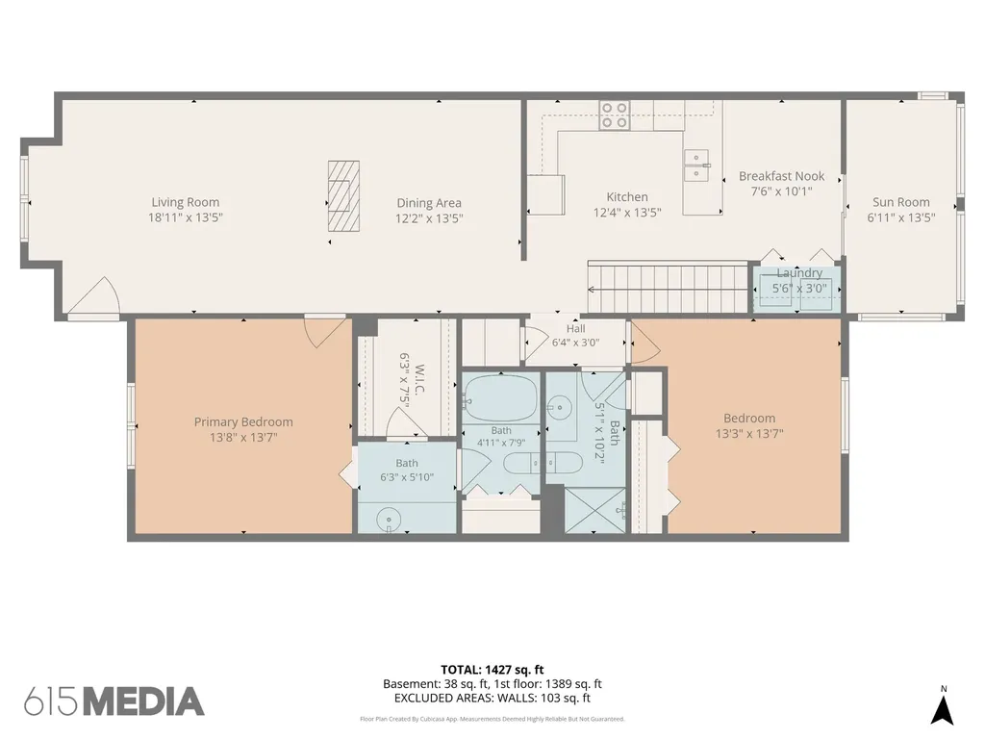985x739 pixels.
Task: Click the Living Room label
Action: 186,202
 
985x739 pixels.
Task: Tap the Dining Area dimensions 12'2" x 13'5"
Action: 429,218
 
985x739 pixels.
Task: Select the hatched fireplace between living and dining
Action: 343,196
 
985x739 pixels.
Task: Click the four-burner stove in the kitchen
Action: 615,115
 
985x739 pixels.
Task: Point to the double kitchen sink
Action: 696,165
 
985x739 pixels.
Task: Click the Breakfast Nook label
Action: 781,177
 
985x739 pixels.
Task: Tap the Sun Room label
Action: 900,202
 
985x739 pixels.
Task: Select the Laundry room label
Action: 799,272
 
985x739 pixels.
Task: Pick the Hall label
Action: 576,329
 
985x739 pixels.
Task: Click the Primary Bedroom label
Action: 243,422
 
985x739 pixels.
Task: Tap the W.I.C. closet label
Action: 420,379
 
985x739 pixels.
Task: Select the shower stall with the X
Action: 595,510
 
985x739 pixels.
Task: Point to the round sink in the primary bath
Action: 389,520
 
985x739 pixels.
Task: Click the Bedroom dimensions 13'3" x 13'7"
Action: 749,434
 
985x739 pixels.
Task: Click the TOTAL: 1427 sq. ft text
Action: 492,670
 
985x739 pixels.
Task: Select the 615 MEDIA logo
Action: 114,701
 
